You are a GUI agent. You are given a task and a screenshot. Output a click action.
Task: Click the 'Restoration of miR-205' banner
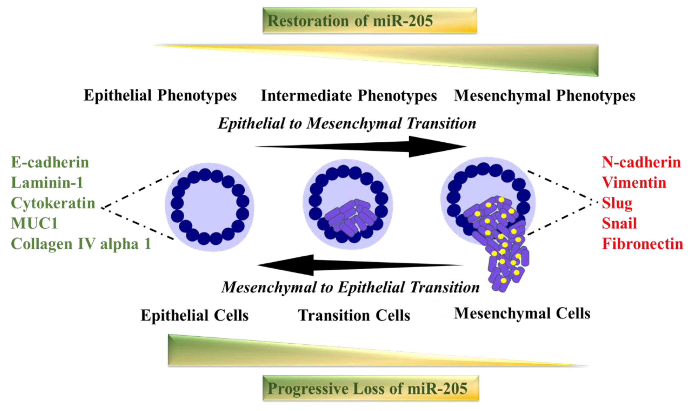(370, 21)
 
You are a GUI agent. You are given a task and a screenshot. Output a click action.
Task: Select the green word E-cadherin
(50, 162)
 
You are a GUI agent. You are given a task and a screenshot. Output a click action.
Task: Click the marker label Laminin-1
(47, 183)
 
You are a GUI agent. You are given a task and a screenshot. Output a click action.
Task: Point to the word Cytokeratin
(53, 203)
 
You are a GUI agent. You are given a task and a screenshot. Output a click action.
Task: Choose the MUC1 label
(34, 223)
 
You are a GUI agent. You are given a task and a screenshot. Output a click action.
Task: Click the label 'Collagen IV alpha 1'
(81, 244)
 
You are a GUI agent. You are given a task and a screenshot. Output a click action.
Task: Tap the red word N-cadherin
(641, 162)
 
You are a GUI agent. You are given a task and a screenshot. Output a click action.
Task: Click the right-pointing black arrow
(360, 146)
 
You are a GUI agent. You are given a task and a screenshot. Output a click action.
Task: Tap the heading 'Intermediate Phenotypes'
(349, 96)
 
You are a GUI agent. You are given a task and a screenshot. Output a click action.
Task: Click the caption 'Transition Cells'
(354, 315)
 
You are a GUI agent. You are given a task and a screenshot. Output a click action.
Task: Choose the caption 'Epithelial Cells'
(194, 315)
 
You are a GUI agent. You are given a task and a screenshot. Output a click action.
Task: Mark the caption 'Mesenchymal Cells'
(522, 314)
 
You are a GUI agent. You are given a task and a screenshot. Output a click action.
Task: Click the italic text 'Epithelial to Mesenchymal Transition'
(347, 123)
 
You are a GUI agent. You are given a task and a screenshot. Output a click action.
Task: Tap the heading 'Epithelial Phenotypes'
(160, 96)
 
